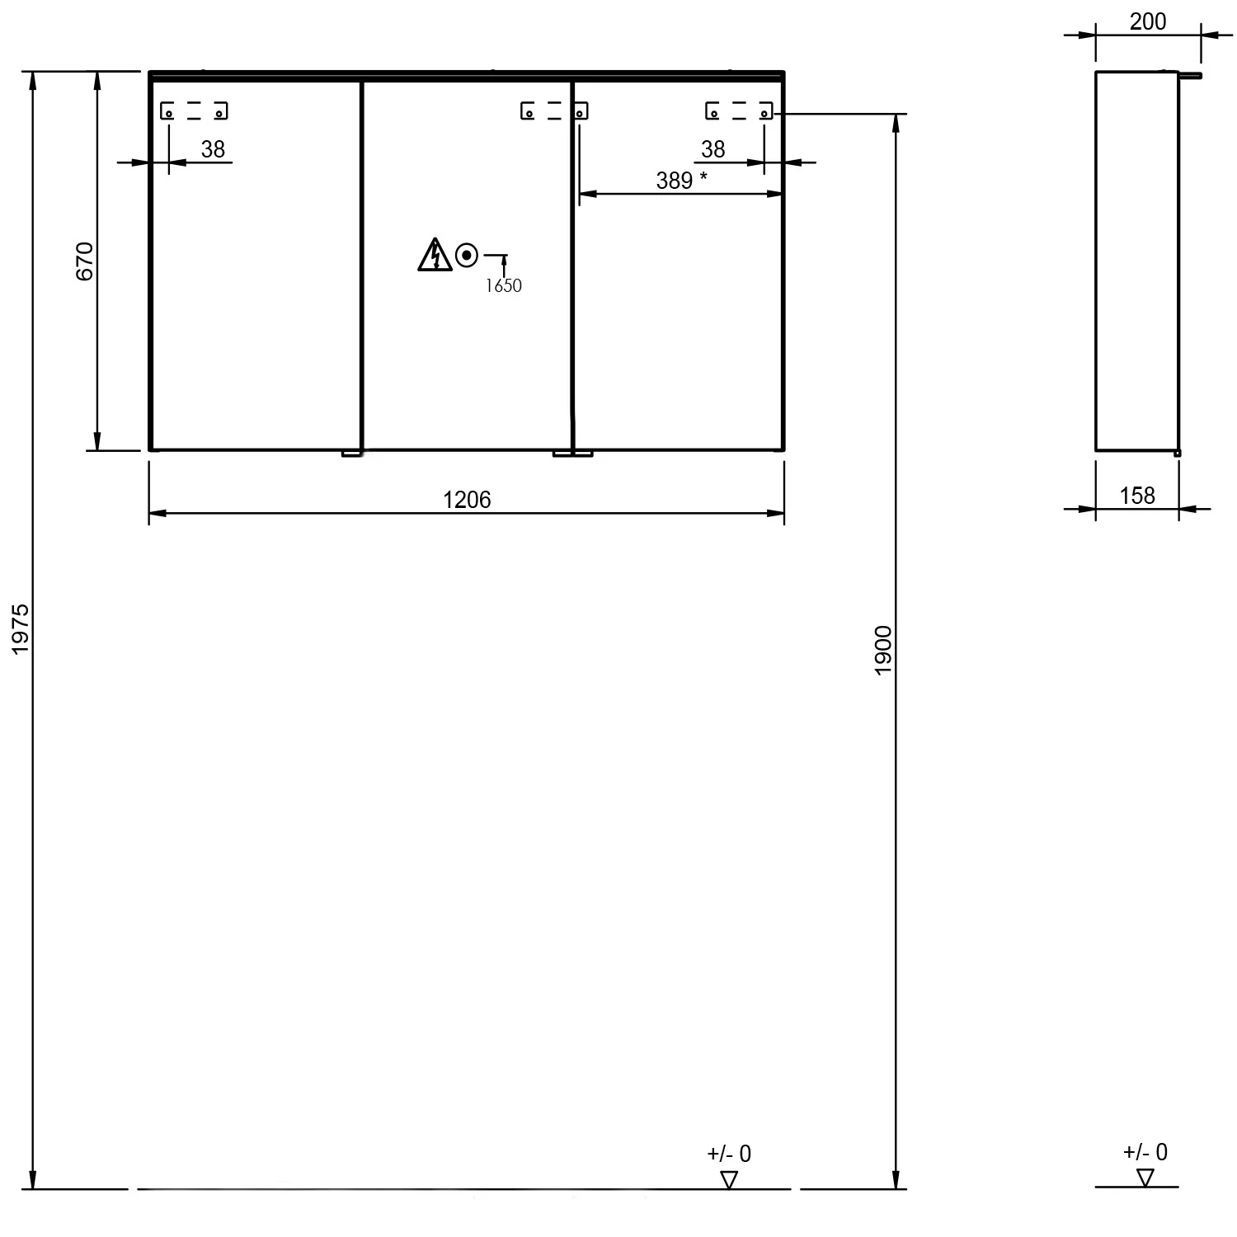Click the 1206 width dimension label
pyautogui.click(x=467, y=500)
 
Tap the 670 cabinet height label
pyautogui.click(x=86, y=261)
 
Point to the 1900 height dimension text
pyautogui.click(x=883, y=651)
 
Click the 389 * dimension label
pyautogui.click(x=682, y=180)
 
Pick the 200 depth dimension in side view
pyautogui.click(x=1148, y=21)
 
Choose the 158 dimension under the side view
pyautogui.click(x=1137, y=496)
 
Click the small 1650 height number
pyautogui.click(x=503, y=285)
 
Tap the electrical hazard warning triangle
pyautogui.click(x=435, y=255)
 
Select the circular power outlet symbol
pyautogui.click(x=467, y=256)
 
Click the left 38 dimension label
pyautogui.click(x=213, y=149)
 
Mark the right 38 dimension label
pyautogui.click(x=713, y=149)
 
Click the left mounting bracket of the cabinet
pyautogui.click(x=194, y=111)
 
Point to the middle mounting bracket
pyautogui.click(x=554, y=111)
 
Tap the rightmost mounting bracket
pyautogui.click(x=739, y=111)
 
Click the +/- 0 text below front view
pyautogui.click(x=729, y=1154)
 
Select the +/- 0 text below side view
pyautogui.click(x=1145, y=1152)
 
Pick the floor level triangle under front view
pyautogui.click(x=729, y=1180)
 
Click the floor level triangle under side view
pyautogui.click(x=1145, y=1178)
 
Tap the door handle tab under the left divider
pyautogui.click(x=352, y=453)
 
